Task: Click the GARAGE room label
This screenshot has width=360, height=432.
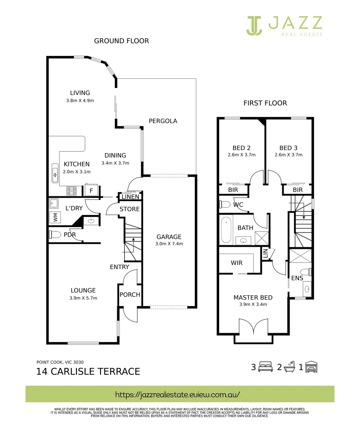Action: click(169, 237)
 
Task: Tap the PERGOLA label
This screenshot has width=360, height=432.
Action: click(163, 121)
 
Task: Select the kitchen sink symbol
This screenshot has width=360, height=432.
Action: click(55, 173)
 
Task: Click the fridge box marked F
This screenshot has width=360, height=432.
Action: click(91, 190)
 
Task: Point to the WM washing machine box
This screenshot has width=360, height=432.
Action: click(55, 217)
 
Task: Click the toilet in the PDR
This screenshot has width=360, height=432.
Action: click(55, 235)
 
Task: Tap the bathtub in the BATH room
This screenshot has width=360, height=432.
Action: click(226, 230)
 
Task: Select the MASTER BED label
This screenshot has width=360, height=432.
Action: click(253, 298)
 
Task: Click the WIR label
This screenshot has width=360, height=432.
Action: click(237, 263)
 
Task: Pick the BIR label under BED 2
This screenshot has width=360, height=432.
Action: click(233, 190)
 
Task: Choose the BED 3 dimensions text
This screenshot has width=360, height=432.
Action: click(288, 155)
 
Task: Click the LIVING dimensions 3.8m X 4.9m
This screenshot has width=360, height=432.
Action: click(80, 100)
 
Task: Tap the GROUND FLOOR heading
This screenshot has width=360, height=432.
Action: click(122, 41)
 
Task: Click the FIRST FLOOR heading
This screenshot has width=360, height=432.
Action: click(265, 103)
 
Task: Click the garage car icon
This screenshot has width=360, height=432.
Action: click(311, 367)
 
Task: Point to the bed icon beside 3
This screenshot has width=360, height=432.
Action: click(266, 367)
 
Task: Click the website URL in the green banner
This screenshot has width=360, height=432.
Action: click(177, 394)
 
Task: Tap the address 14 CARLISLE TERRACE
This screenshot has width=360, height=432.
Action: click(88, 371)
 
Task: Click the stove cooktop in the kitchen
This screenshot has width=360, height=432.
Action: click(71, 191)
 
